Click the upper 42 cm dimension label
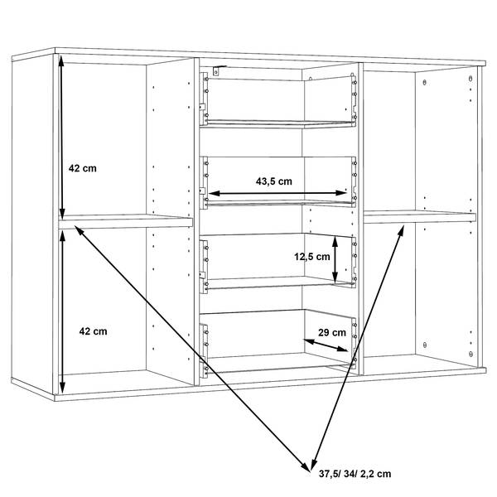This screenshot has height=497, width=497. (82, 168)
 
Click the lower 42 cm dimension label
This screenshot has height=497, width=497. (93, 331)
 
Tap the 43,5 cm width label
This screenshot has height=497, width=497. (274, 181)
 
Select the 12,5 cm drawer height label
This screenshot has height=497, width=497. (312, 257)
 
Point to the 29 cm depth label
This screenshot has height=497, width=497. (332, 332)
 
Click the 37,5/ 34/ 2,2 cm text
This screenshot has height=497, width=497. (355, 474)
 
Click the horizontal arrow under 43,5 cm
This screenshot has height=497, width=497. (277, 193)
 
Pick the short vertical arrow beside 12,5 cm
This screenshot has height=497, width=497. (335, 259)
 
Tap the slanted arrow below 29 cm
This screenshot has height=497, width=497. (326, 345)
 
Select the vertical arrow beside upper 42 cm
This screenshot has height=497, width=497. (62, 138)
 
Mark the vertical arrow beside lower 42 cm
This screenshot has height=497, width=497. (62, 312)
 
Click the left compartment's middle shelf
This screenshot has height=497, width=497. (126, 221)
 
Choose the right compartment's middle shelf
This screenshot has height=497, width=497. (420, 217)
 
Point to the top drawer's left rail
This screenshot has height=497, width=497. (203, 99)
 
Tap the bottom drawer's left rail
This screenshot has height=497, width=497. (204, 351)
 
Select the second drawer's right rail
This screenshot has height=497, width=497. (354, 182)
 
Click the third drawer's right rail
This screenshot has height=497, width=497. (354, 263)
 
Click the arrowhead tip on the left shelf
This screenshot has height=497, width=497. (75, 225)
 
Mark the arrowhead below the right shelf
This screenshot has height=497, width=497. (403, 225)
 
